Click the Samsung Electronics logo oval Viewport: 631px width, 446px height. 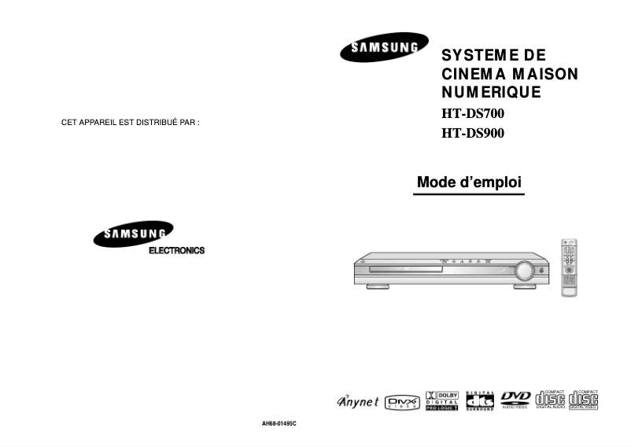pos(133,235)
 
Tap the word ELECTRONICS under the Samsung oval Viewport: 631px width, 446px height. pos(176,251)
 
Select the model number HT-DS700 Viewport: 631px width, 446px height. pos(472,113)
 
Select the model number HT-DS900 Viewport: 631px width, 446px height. pos(472,133)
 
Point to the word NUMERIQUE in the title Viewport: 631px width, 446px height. pos(491,92)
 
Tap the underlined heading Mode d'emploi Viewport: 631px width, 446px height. pos(469,182)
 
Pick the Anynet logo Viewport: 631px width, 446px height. pos(357,401)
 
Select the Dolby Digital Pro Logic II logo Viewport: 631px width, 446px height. pos(441,400)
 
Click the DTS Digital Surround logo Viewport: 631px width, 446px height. pos(480,400)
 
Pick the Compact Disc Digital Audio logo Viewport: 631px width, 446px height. pos(550,400)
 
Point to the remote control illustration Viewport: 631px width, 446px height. pos(569,267)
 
